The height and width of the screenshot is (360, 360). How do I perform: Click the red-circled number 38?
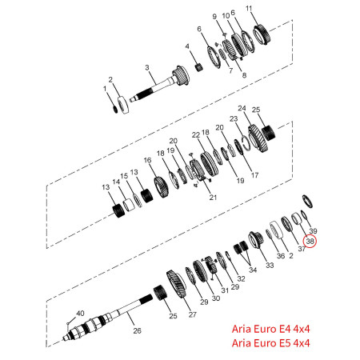310,241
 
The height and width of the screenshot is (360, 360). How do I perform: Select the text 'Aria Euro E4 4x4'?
270,329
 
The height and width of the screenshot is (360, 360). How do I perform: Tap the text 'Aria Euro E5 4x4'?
270,343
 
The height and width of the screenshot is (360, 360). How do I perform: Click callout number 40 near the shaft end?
80,314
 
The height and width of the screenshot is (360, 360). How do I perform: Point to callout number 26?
137,330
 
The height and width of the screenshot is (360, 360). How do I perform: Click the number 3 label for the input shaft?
147,68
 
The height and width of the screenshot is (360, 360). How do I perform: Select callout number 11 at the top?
249,9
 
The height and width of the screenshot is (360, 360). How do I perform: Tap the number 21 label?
213,198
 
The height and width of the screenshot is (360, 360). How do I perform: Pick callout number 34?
253,270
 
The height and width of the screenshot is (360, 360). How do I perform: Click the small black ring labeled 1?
115,109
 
